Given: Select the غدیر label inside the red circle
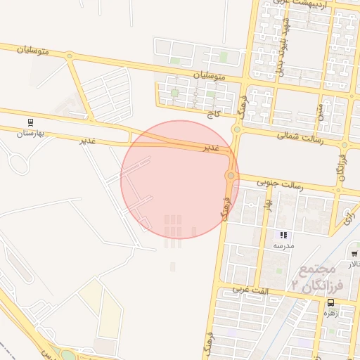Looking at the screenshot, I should click(211, 148).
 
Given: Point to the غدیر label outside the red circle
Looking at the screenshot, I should click(87, 141).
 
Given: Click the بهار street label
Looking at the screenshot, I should click(267, 205).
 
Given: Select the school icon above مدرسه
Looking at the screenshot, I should click(283, 235).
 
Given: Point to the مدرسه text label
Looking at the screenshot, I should click(283, 245).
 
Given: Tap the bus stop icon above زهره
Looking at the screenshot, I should click(330, 303).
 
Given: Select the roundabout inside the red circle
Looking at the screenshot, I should click(230, 175).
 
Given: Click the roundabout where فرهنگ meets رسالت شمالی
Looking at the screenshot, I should click(237, 129).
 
